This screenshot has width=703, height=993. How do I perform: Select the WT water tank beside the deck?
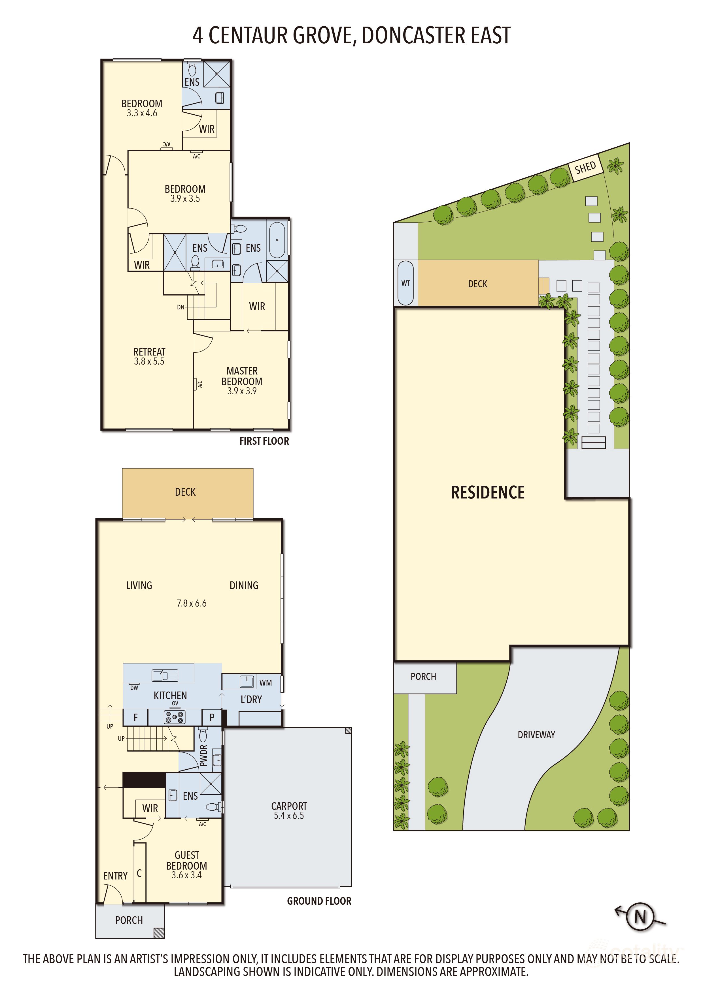coord(405,283)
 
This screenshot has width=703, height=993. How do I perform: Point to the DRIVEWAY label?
coord(536,735)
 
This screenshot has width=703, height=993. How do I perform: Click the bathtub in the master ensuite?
coord(277,240)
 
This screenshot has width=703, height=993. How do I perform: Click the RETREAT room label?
coord(149,352)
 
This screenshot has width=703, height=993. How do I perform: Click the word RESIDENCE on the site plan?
coord(487,492)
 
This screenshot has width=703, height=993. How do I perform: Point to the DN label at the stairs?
coord(180,307)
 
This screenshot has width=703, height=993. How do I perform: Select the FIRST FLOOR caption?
coord(264,441)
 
